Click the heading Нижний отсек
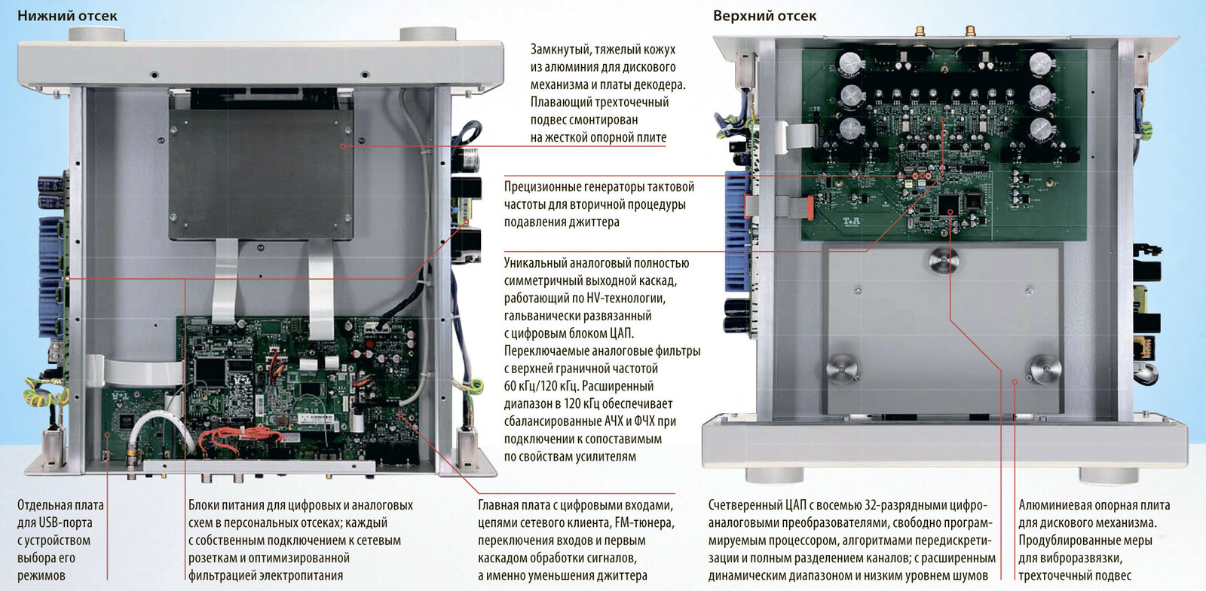click(x=67, y=15)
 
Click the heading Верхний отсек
click(x=764, y=15)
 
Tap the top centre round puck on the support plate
click(x=943, y=261)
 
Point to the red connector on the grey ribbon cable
click(x=807, y=206)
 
